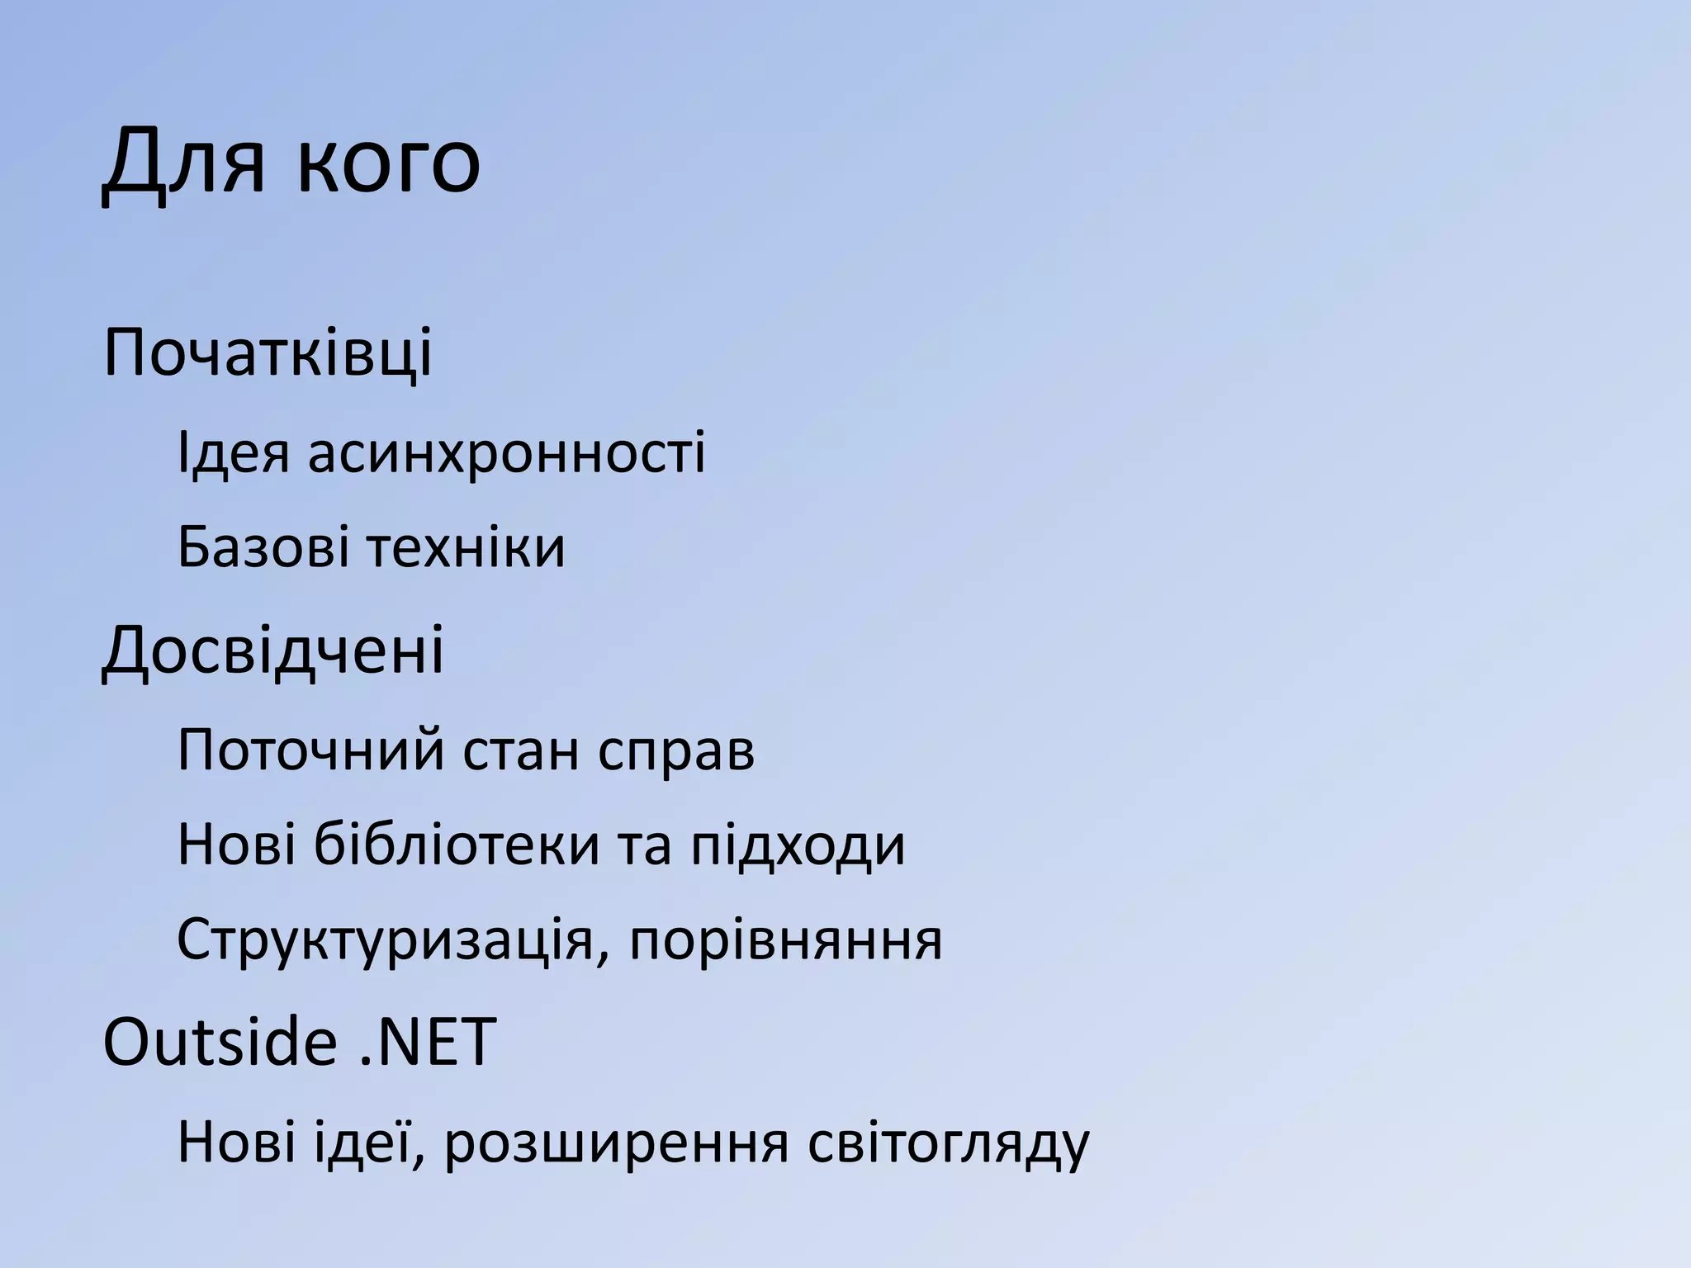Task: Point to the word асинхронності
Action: (507, 453)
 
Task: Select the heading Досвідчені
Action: (273, 651)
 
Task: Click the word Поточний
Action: (311, 750)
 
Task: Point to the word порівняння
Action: (785, 942)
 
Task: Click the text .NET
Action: (429, 1042)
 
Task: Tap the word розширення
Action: (616, 1144)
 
